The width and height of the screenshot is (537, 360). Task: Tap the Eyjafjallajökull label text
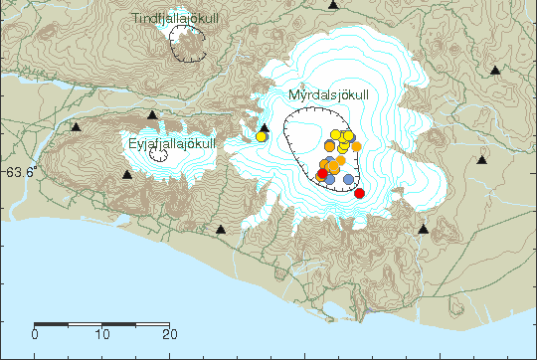(172, 144)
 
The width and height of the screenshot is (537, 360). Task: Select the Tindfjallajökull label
(175, 19)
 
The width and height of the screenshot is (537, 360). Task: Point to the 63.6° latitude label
(19, 172)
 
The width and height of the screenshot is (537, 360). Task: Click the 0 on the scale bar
(35, 334)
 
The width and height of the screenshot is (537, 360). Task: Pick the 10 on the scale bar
(101, 334)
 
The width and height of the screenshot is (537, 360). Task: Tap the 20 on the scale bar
(169, 334)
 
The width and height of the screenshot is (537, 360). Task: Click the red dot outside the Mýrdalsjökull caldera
(359, 193)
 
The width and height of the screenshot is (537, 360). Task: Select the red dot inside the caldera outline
(321, 175)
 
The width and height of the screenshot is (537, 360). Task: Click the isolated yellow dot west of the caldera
(261, 137)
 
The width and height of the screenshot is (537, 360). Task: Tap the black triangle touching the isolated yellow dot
(265, 128)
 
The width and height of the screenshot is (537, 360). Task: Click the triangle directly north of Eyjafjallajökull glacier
(151, 115)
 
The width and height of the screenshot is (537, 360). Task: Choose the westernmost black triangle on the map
(76, 127)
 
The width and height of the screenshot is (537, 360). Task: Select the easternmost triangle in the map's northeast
(495, 71)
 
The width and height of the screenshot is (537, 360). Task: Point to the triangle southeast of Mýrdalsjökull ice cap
(424, 230)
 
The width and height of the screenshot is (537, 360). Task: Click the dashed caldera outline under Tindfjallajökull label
(188, 45)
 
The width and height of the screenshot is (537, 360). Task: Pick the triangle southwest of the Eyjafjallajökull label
(127, 175)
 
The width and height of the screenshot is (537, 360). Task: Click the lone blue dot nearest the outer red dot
(348, 179)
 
